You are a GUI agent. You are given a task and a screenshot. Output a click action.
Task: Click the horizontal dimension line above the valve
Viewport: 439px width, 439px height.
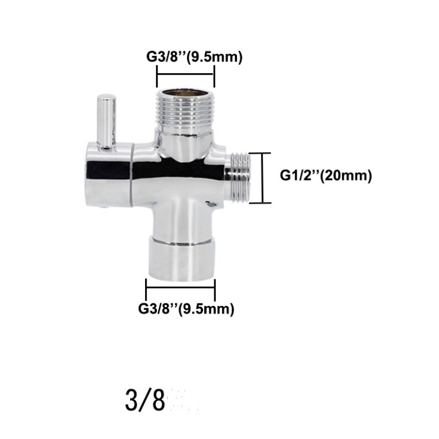(x=186, y=73)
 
